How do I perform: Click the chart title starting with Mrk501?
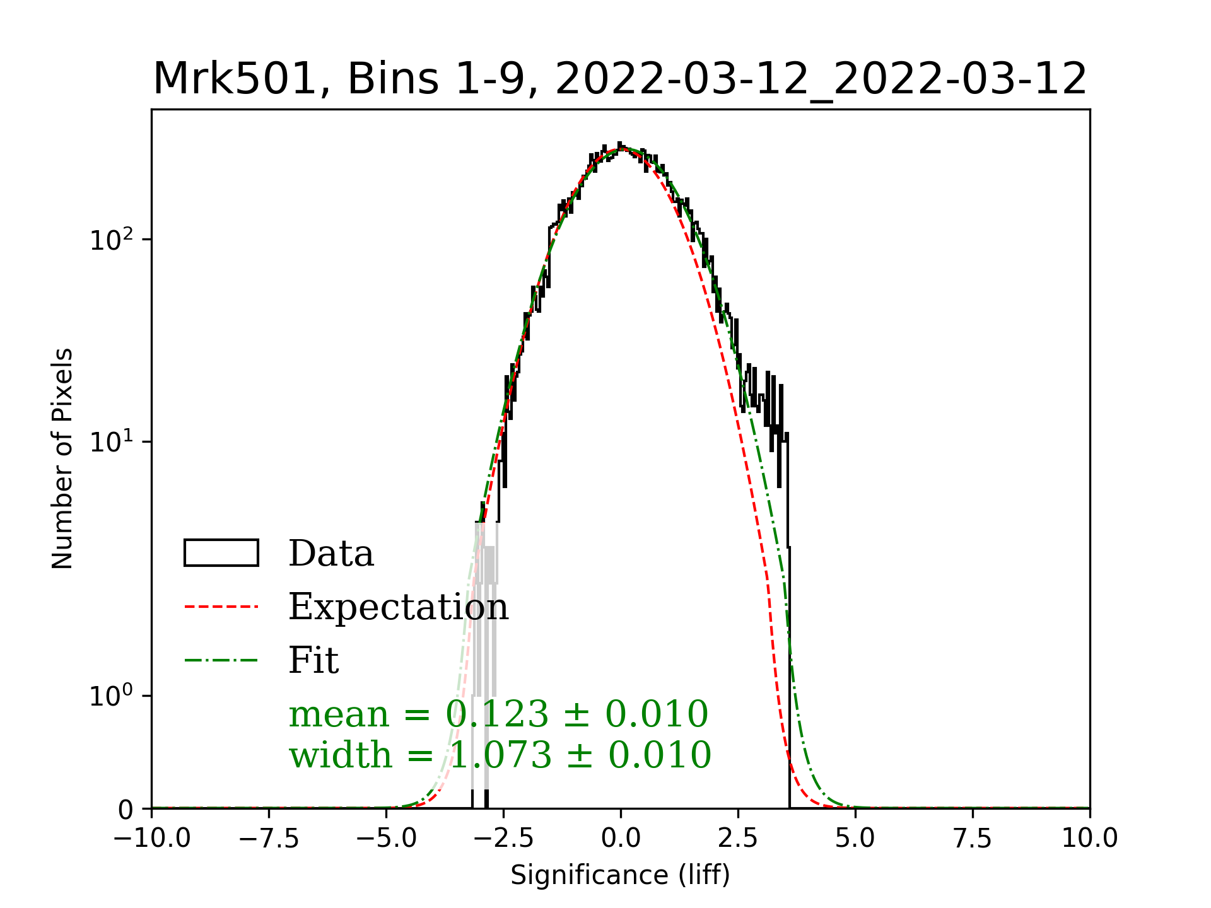pyautogui.click(x=620, y=79)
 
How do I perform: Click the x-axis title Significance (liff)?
pyautogui.click(x=620, y=875)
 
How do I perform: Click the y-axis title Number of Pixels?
pyautogui.click(x=62, y=458)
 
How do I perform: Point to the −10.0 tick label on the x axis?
pyautogui.click(x=152, y=839)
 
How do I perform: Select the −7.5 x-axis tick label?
pyautogui.click(x=269, y=839)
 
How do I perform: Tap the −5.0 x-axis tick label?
pyautogui.click(x=387, y=839)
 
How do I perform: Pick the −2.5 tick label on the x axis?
pyautogui.click(x=503, y=839)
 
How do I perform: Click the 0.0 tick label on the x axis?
pyautogui.click(x=621, y=839)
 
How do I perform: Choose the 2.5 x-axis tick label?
pyautogui.click(x=738, y=839)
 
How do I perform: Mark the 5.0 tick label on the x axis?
pyautogui.click(x=855, y=839)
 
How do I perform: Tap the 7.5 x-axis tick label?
pyautogui.click(x=973, y=839)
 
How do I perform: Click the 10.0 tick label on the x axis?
pyautogui.click(x=1089, y=839)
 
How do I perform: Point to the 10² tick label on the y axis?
pyautogui.click(x=112, y=240)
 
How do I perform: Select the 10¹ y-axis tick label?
pyautogui.click(x=112, y=441)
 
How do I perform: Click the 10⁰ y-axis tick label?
pyautogui.click(x=112, y=696)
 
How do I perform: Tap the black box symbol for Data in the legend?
pyautogui.click(x=221, y=553)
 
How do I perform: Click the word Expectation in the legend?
pyautogui.click(x=398, y=607)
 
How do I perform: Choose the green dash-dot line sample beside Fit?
pyautogui.click(x=221, y=661)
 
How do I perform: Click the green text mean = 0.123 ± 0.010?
pyautogui.click(x=498, y=714)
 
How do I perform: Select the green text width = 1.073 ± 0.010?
pyautogui.click(x=500, y=755)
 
